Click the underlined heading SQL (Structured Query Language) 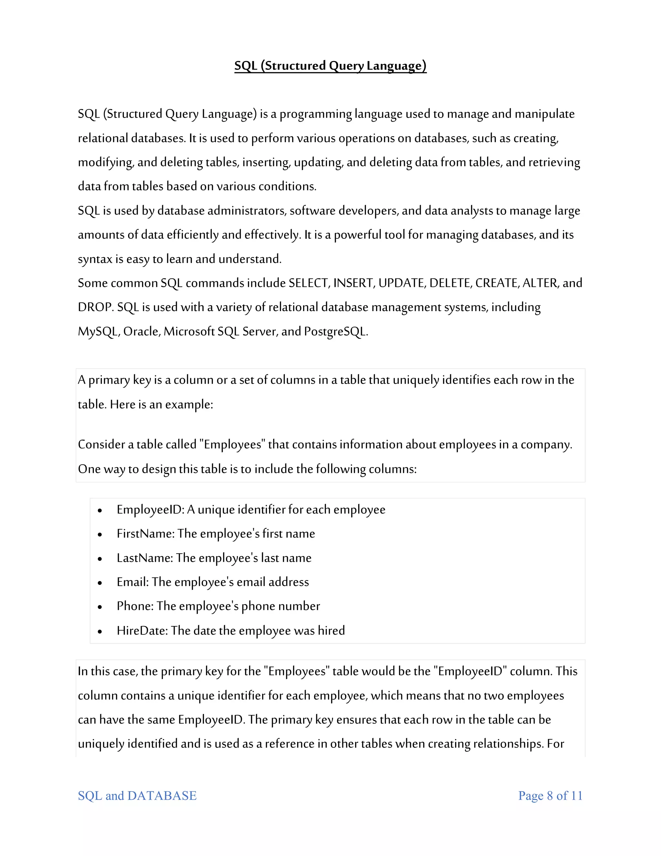(x=330, y=66)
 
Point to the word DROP (x=95, y=307)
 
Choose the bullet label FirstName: (x=145, y=534)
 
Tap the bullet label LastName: (x=145, y=558)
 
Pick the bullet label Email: (x=133, y=582)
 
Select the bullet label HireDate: (x=142, y=631)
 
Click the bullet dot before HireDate (x=100, y=632)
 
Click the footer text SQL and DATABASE (x=137, y=796)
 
